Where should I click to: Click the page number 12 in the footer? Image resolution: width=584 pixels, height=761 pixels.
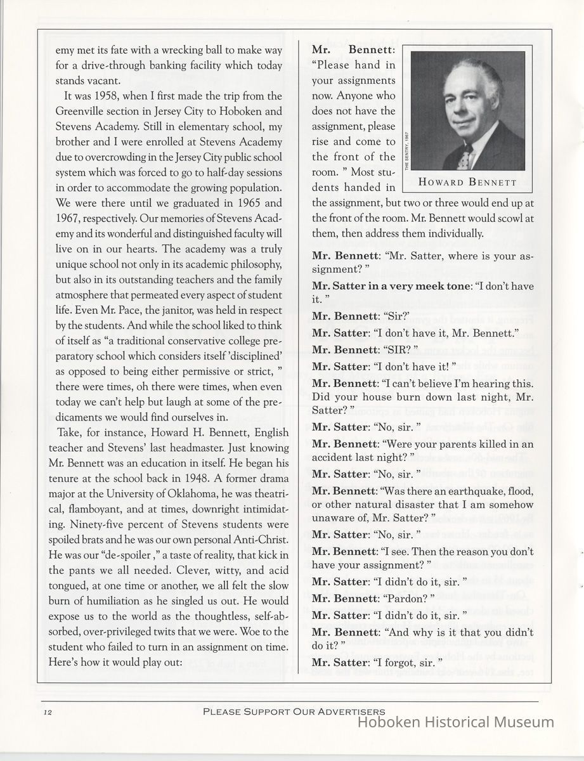pos(48,713)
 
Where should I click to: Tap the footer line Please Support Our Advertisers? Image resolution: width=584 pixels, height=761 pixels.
pos(294,712)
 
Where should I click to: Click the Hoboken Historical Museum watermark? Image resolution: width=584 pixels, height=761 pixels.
pos(456,722)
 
